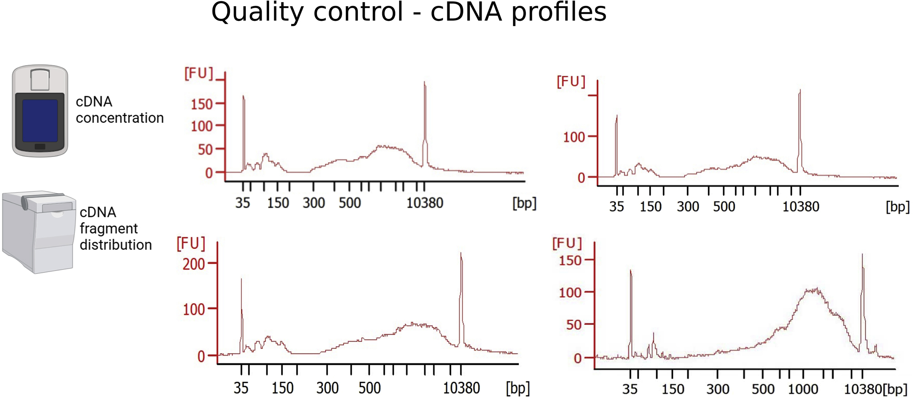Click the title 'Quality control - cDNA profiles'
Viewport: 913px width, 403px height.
[408, 12]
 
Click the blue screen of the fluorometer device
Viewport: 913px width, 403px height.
[40, 120]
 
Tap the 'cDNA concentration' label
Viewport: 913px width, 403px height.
[119, 110]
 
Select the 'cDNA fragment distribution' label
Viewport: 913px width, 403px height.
[115, 228]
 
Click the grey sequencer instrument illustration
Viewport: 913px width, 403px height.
[39, 232]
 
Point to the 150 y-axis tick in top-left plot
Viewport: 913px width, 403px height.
[202, 104]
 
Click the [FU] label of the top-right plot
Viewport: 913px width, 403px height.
[571, 81]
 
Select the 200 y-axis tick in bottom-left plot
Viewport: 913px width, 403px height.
[194, 264]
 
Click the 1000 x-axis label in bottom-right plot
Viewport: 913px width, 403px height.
[803, 389]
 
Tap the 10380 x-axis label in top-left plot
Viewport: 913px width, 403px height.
[424, 203]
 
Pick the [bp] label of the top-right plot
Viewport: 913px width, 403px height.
[897, 207]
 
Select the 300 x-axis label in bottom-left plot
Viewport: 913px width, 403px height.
[327, 388]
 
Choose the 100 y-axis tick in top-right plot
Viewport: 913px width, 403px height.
[574, 137]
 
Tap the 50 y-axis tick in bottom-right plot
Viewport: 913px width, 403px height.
[574, 325]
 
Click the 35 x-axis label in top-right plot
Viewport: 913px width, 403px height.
[617, 207]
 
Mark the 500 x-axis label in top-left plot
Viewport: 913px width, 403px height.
[350, 203]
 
